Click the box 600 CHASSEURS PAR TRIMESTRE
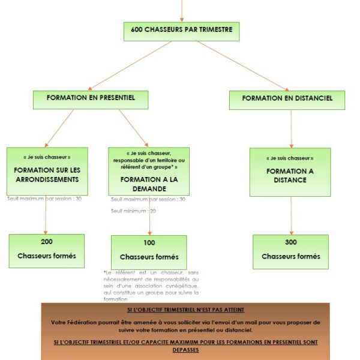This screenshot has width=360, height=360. tap(181, 31)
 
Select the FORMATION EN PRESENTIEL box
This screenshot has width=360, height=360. tap(90, 98)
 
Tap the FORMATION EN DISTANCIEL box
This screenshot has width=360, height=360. tap(287, 99)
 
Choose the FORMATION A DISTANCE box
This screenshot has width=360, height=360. tap(290, 172)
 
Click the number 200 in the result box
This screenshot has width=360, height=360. tap(47, 242)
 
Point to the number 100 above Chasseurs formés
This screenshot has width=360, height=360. tap(149, 243)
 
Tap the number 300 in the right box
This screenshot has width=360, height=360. tap(290, 242)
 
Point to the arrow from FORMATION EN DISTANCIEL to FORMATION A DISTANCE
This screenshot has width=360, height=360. tap(291, 128)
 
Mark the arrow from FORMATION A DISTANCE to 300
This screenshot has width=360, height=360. tap(291, 215)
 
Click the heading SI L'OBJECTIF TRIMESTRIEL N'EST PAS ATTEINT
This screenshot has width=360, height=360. tap(186, 310)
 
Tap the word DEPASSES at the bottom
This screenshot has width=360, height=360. tap(185, 350)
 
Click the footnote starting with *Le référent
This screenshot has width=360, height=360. tap(151, 285)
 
